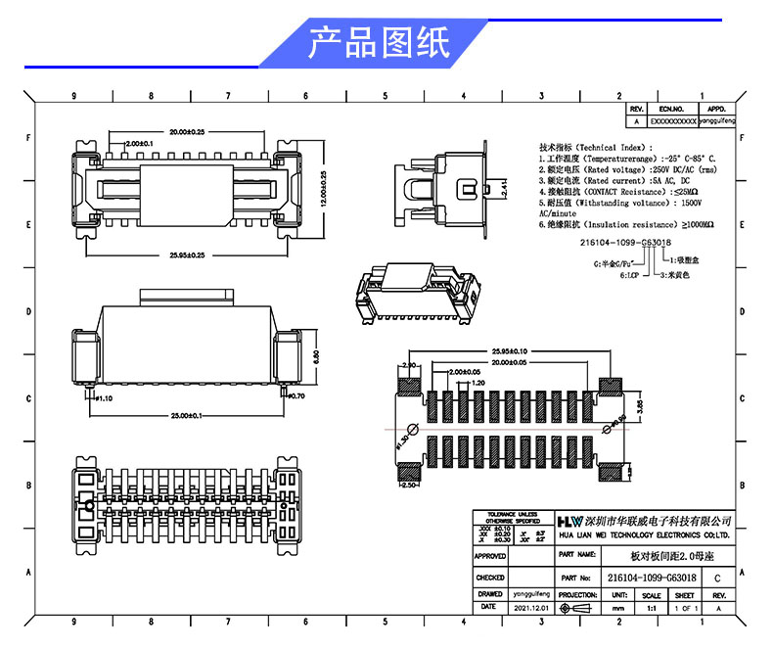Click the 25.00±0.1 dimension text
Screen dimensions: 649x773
186,416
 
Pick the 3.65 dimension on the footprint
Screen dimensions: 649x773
640,403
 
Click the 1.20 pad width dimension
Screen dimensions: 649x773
477,383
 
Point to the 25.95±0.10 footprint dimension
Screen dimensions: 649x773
510,350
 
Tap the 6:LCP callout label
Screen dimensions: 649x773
628,276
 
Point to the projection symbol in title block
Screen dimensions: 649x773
576,608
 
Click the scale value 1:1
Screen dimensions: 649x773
651,608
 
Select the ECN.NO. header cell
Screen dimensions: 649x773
670,110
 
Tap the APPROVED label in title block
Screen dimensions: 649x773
490,556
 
